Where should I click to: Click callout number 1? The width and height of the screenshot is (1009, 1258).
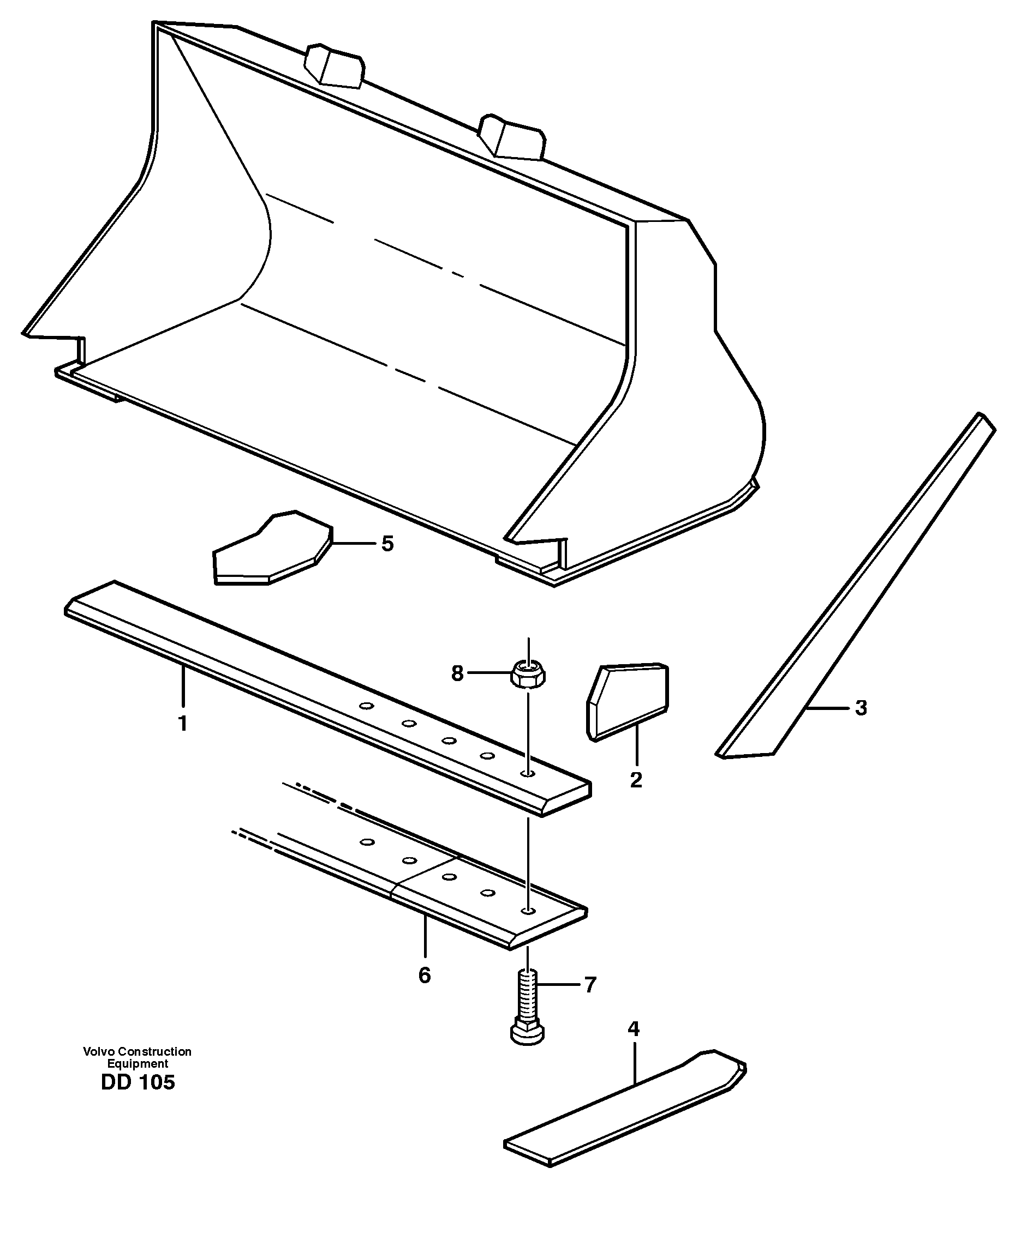pyautogui.click(x=183, y=724)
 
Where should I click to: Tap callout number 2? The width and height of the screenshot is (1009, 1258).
pyautogui.click(x=636, y=780)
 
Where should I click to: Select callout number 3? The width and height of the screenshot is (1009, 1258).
pyautogui.click(x=861, y=708)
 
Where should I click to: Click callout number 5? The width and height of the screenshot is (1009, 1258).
pyautogui.click(x=387, y=544)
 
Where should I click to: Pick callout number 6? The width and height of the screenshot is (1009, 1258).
pyautogui.click(x=425, y=975)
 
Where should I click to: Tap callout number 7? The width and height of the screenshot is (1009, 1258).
pyautogui.click(x=590, y=985)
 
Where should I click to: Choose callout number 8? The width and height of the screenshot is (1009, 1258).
pyautogui.click(x=457, y=673)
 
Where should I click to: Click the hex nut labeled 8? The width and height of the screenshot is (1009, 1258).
pyautogui.click(x=528, y=675)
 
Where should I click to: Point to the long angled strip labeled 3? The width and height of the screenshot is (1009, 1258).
pyautogui.click(x=855, y=583)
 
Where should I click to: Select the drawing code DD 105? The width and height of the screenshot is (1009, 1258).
pyautogui.click(x=138, y=1083)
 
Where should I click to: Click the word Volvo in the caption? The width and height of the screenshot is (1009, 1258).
pyautogui.click(x=98, y=1051)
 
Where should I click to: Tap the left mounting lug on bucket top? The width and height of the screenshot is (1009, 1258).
pyautogui.click(x=334, y=65)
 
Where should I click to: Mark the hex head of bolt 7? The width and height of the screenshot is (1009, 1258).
pyautogui.click(x=527, y=1033)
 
